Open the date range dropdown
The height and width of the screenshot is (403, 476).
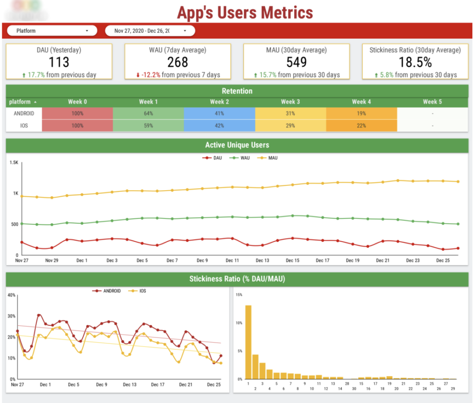point(150,31)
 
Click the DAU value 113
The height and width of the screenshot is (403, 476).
point(59,62)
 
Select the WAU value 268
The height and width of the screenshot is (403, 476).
point(178,62)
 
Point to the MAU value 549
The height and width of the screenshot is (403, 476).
point(297,62)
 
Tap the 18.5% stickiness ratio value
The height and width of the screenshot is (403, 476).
point(415,62)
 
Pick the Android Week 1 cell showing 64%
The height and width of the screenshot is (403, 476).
point(148,113)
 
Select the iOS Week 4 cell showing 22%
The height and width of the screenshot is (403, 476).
point(361,126)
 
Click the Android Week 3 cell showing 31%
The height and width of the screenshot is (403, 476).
point(291,113)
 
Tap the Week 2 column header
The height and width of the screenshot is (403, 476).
point(219,101)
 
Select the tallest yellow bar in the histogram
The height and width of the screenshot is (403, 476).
point(248,342)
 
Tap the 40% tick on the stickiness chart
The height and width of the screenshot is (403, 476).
point(12,295)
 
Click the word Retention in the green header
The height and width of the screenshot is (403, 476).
point(238,91)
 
